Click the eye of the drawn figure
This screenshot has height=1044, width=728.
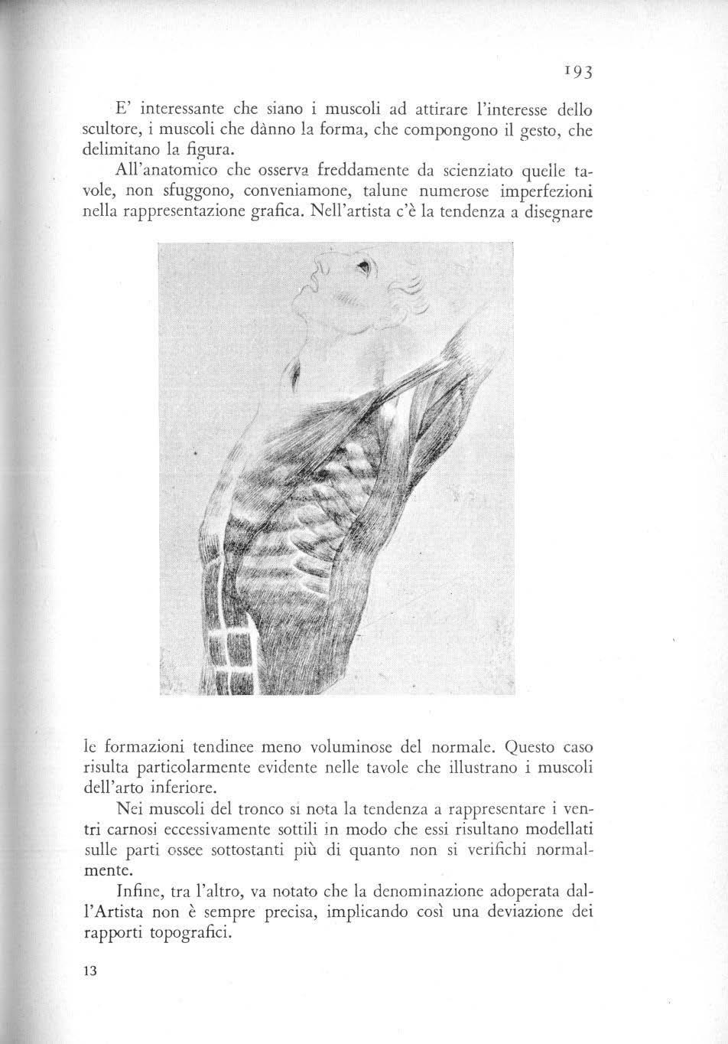[364, 267]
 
